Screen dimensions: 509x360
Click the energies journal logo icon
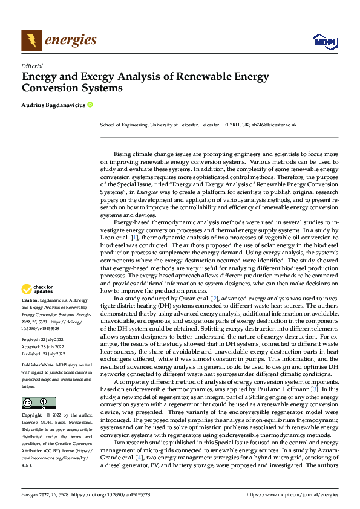point(31,41)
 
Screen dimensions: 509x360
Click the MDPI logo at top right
point(324,41)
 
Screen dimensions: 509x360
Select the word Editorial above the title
point(31,66)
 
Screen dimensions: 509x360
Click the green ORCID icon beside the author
point(90,105)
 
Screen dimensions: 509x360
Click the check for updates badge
point(38,289)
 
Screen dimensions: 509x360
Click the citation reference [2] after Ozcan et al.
point(214,299)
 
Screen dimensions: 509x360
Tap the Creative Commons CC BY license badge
point(38,403)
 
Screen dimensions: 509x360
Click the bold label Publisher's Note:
point(38,366)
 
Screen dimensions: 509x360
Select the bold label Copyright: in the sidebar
point(33,416)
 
